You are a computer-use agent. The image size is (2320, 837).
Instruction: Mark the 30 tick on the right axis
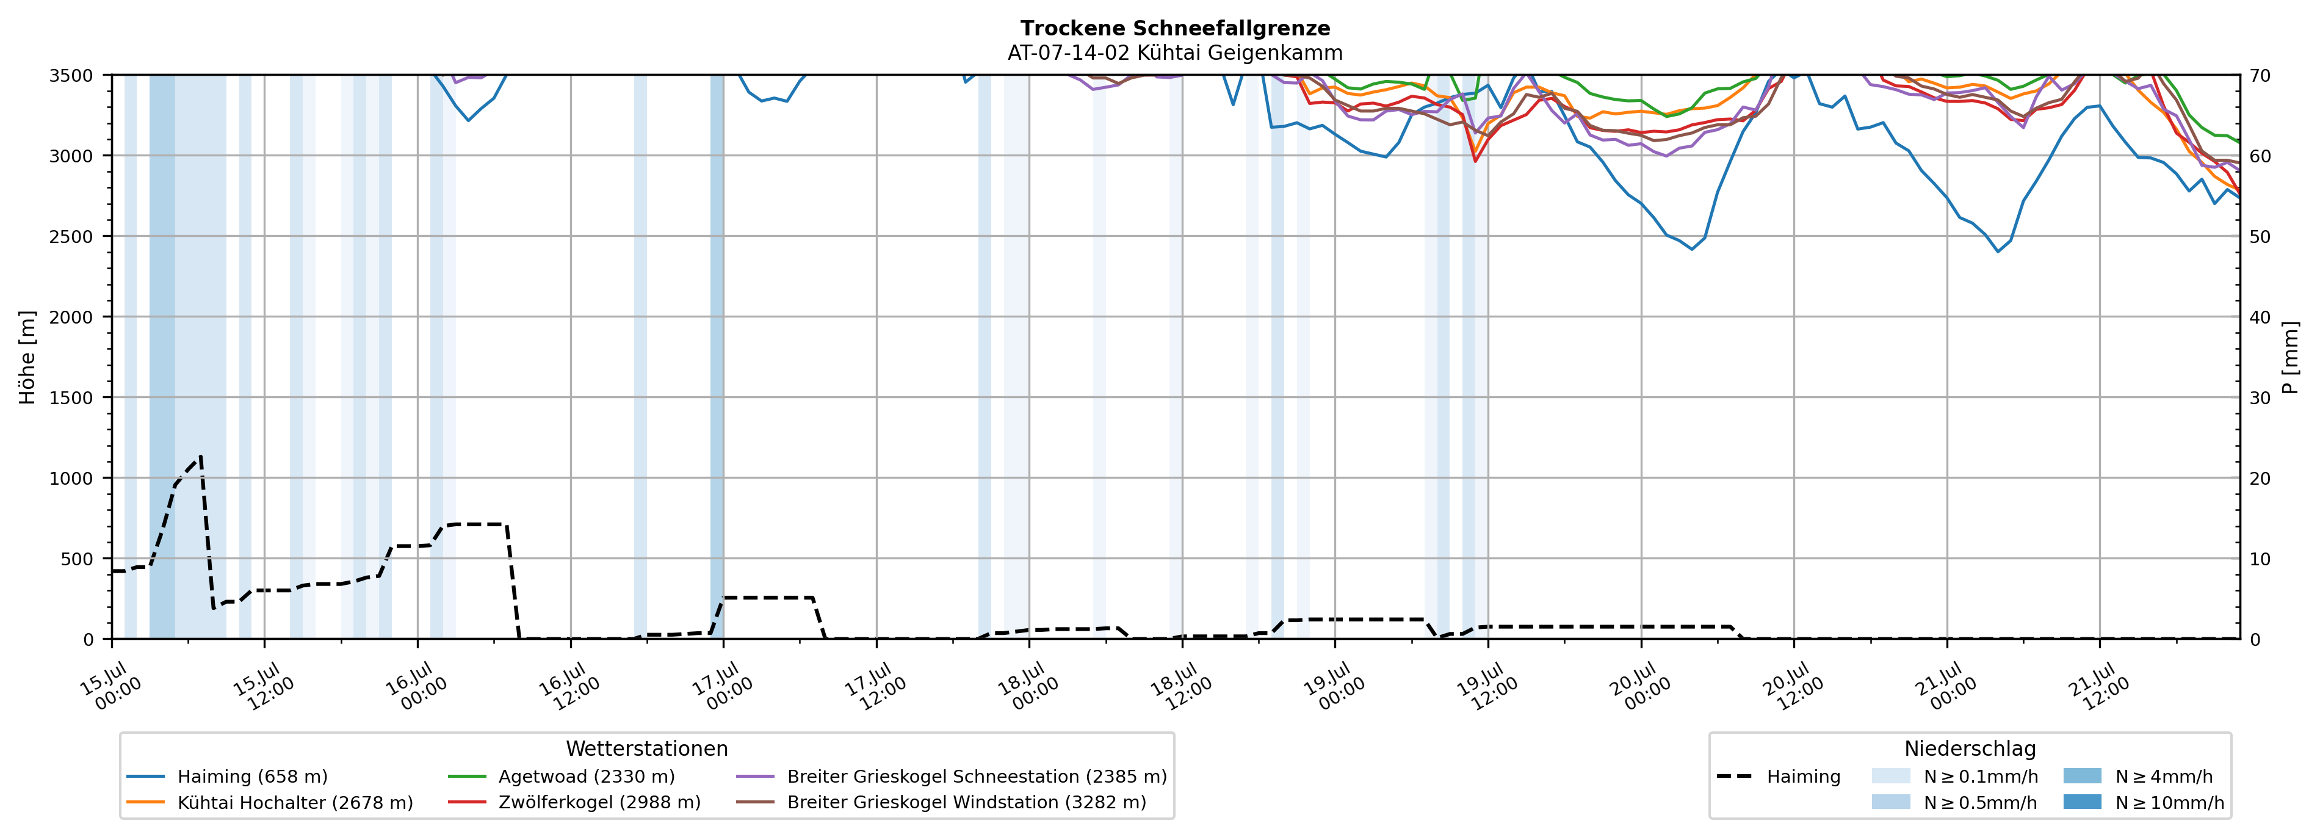point(2260,398)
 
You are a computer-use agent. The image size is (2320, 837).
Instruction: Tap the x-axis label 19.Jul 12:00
point(1487,687)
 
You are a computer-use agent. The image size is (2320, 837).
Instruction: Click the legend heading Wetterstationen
point(646,748)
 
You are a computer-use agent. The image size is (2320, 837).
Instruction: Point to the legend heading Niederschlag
point(1970,748)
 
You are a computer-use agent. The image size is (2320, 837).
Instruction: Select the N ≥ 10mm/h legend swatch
point(2081,802)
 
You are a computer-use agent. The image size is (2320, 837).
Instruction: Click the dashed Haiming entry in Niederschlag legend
point(1778,777)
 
